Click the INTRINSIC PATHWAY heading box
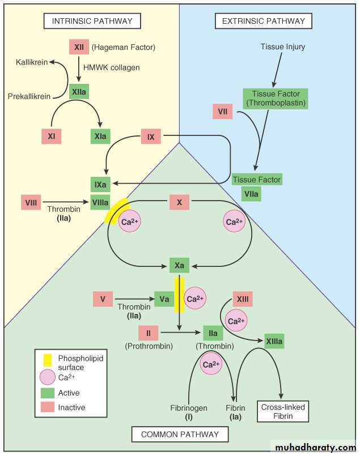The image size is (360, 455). [92, 22]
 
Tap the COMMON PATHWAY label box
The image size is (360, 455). [180, 435]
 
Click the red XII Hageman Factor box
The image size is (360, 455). [78, 47]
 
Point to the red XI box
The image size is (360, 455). [51, 136]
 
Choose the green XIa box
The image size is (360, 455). [100, 136]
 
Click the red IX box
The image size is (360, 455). [151, 137]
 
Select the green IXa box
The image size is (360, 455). [100, 184]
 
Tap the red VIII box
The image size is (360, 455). [31, 202]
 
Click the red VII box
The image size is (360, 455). [223, 112]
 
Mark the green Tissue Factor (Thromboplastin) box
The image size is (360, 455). [275, 99]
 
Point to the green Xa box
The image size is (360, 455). [179, 265]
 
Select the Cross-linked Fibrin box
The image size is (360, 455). [283, 411]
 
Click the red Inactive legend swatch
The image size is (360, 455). [48, 407]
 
